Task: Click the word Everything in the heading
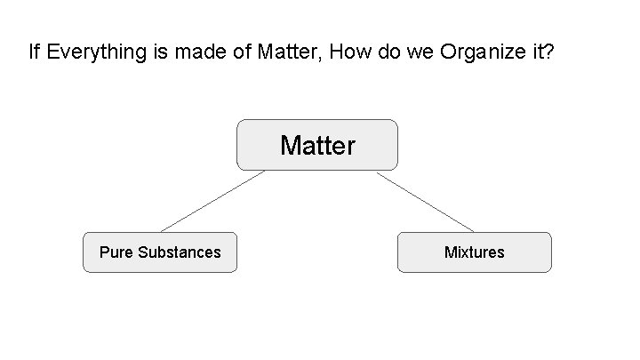[90, 52]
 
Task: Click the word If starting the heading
[34, 52]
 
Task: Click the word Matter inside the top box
[317, 145]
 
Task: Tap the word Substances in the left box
[180, 252]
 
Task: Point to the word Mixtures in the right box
[474, 252]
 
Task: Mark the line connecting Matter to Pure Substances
[212, 201]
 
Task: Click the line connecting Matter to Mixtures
[425, 202]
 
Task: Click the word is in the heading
[158, 52]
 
